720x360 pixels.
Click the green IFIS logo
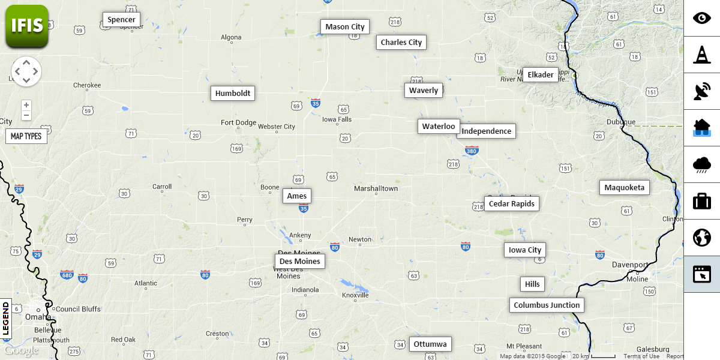(27, 26)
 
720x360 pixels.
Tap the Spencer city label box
(122, 20)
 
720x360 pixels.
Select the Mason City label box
(345, 27)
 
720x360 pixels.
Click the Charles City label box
(401, 43)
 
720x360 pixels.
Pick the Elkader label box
(541, 75)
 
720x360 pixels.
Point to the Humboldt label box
(233, 94)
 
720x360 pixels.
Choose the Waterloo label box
(439, 127)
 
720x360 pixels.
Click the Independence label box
(487, 131)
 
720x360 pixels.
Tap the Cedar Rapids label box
(512, 204)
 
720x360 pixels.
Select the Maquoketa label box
(625, 188)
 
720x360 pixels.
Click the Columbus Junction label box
(547, 305)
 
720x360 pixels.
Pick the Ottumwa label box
(430, 344)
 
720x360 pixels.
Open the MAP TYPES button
(26, 136)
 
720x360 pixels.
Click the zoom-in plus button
(26, 105)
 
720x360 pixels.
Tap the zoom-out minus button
(26, 115)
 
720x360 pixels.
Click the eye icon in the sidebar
(702, 18)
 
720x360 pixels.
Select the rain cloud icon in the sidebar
(702, 164)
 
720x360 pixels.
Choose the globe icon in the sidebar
(702, 238)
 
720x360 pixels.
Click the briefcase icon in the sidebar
(702, 201)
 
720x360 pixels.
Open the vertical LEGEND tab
(6, 319)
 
